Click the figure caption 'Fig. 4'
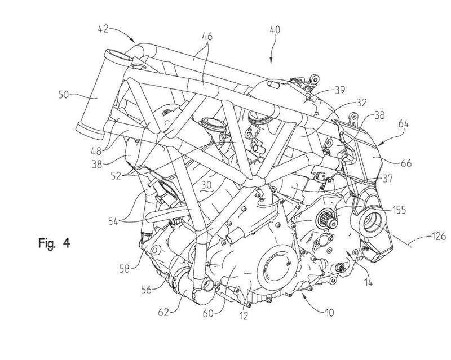point(54,243)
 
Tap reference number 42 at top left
point(103,29)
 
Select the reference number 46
point(206,37)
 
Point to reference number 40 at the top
point(275,30)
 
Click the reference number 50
point(64,94)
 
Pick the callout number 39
point(339,90)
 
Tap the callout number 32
point(361,103)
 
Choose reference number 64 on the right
point(403,124)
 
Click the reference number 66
point(406,163)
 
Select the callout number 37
point(387,179)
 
